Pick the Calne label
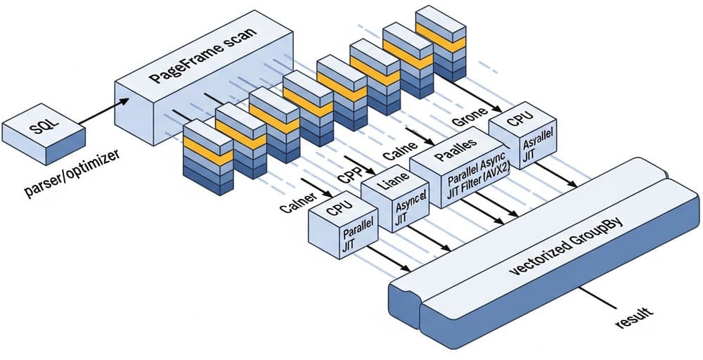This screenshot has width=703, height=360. click(396, 153)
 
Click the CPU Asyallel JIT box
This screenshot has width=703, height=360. click(522, 140)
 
